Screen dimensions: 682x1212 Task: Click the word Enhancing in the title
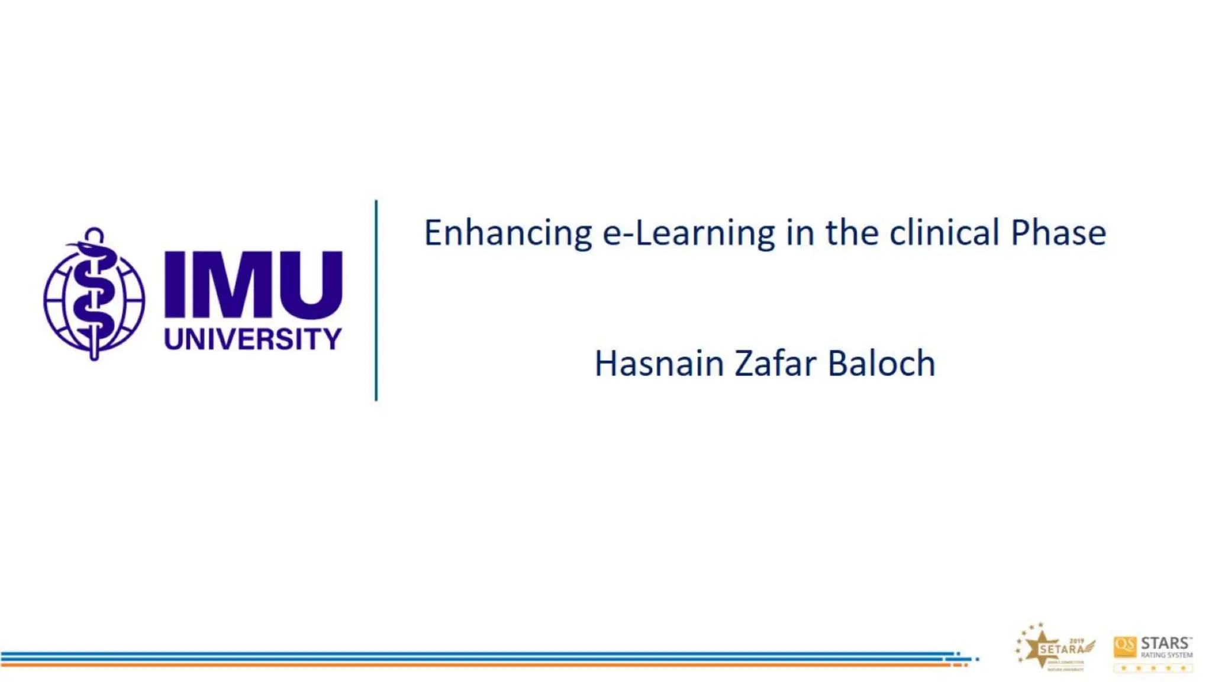508,233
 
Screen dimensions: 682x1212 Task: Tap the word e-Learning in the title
688,233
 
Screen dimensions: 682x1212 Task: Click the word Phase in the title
1058,233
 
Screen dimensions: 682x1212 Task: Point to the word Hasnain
659,363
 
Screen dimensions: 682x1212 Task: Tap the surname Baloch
881,363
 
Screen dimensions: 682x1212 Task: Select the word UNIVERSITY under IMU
253,339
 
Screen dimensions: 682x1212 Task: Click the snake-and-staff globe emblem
94,295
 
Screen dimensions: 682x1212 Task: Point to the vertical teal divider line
376,301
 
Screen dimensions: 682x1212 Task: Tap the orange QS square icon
1124,646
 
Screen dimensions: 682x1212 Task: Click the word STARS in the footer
1165,643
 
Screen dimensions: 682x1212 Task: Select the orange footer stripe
473,665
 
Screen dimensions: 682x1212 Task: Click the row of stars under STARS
1153,668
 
